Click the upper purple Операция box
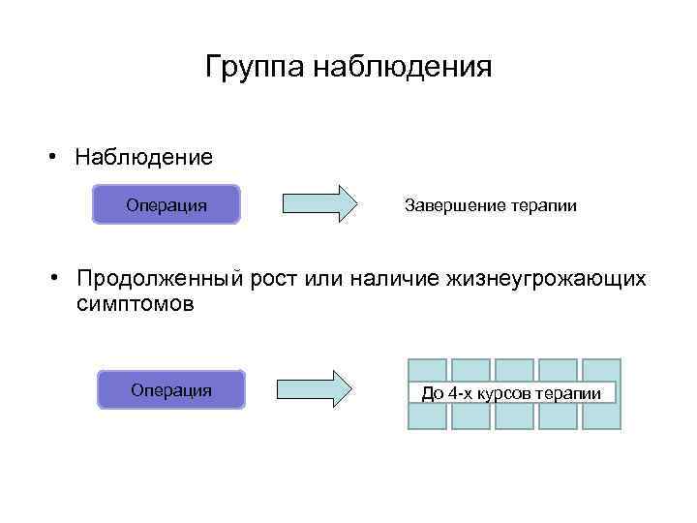coord(166,205)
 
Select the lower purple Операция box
coord(170,389)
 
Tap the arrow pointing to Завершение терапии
coord(318,204)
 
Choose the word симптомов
coord(135,305)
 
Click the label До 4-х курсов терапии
coord(512,393)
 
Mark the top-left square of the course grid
coord(427,369)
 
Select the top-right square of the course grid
coord(601,369)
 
